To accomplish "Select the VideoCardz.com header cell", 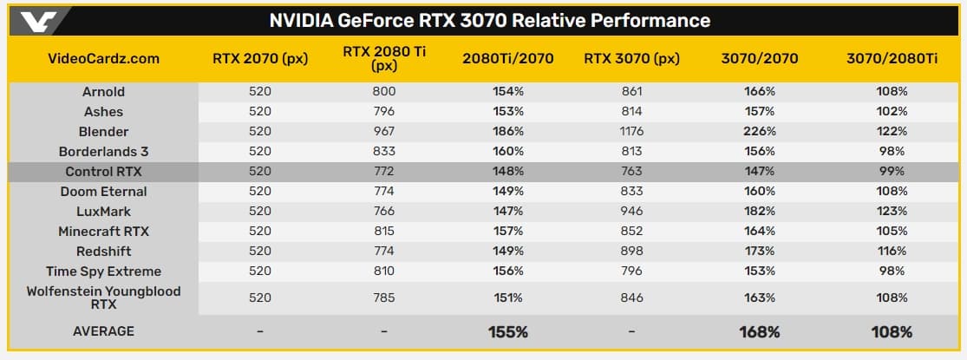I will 103,59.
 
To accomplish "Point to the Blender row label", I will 103,132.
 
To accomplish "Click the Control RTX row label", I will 103,172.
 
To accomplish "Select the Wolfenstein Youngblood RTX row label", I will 103,298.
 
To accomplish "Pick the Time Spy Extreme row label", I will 103,272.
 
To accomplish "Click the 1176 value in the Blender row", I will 631,132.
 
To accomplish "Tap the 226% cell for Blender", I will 759,132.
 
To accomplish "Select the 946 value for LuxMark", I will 631,212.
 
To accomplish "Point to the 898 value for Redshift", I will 631,252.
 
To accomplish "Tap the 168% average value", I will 759,331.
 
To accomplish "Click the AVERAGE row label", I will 103,331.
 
